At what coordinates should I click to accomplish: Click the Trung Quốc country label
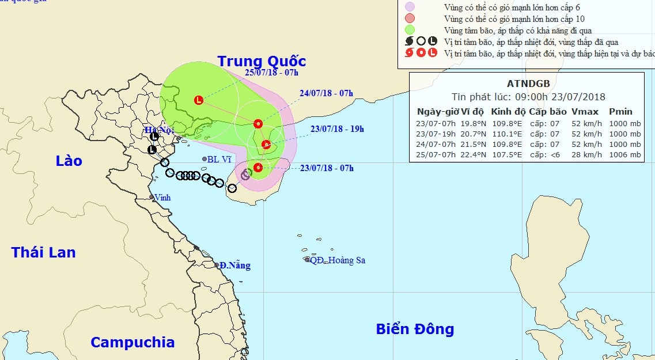click(x=261, y=61)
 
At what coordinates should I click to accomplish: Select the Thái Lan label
click(x=43, y=252)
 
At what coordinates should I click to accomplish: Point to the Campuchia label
click(x=132, y=342)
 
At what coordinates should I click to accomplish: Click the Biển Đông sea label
click(x=415, y=329)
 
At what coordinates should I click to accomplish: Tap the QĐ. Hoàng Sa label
click(x=338, y=260)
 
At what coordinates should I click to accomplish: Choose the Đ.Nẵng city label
click(x=234, y=266)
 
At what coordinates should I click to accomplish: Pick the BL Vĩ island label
click(x=219, y=159)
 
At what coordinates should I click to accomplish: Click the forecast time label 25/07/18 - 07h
click(x=271, y=73)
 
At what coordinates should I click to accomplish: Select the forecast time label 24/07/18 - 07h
click(x=326, y=93)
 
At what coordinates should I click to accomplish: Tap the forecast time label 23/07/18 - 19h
click(x=337, y=129)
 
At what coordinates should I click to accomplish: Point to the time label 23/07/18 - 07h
click(x=327, y=168)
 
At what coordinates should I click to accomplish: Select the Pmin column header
click(x=620, y=111)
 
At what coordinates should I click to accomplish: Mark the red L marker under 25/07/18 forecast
click(x=199, y=100)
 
